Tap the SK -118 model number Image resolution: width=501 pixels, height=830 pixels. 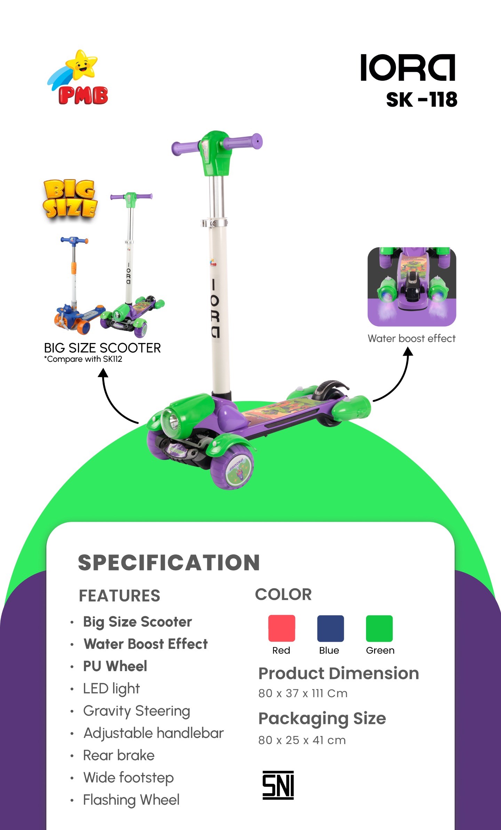(421, 100)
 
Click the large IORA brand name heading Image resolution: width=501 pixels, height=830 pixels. (408, 67)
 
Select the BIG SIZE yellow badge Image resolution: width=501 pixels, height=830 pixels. (70, 199)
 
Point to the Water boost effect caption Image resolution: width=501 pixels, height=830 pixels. (412, 338)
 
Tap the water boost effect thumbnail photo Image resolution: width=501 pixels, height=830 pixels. (412, 287)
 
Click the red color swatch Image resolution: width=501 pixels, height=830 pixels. (281, 628)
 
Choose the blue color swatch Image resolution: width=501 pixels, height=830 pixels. (330, 628)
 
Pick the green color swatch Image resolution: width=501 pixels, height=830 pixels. (379, 628)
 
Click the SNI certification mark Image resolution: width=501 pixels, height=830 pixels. (278, 785)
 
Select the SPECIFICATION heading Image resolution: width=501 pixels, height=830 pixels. (169, 563)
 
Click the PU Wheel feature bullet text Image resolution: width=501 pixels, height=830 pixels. (115, 666)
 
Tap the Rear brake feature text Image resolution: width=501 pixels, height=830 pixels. (119, 755)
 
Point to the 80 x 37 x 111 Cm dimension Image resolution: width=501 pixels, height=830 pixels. (303, 693)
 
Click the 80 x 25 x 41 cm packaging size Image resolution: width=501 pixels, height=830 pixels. (302, 740)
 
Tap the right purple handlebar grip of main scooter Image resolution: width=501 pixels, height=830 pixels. (244, 142)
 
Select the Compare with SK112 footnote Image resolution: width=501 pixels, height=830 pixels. (83, 359)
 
